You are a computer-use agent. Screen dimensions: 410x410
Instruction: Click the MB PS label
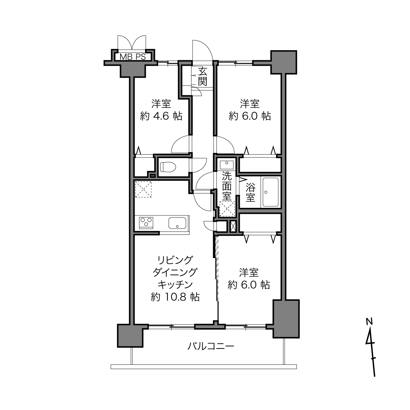(133, 57)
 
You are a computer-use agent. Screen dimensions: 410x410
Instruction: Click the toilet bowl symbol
(168, 167)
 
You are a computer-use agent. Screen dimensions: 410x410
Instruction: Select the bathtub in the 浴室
(270, 192)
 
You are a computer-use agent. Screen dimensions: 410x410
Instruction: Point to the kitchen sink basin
(177, 223)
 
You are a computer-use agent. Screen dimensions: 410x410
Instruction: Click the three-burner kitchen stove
(146, 223)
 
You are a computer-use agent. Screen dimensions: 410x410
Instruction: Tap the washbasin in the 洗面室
(227, 165)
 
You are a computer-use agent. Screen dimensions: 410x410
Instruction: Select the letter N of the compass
(369, 321)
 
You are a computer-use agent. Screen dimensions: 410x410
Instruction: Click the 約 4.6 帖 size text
(161, 116)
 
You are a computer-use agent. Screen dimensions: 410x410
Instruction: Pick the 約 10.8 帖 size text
(175, 297)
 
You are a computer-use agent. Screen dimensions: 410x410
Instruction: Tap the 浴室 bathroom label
(251, 192)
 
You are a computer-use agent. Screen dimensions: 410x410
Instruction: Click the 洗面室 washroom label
(227, 186)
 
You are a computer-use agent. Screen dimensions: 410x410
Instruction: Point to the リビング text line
(175, 260)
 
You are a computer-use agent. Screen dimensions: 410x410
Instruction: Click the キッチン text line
(175, 285)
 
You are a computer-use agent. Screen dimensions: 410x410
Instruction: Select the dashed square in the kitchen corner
(143, 189)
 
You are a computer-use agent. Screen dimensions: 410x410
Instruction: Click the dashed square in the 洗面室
(227, 209)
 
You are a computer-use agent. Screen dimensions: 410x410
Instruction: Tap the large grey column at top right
(283, 62)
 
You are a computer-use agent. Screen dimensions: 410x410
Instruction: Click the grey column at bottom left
(130, 336)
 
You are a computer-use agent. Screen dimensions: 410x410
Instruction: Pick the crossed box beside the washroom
(233, 226)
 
